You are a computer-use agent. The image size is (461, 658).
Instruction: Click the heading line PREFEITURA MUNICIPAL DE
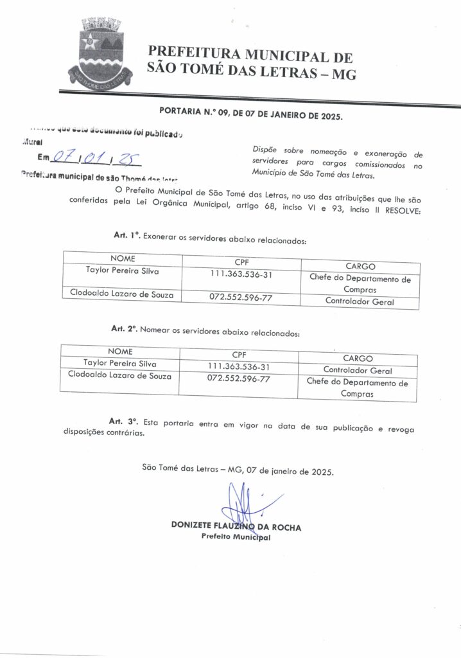point(250,55)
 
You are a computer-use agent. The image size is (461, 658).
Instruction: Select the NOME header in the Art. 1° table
point(123,258)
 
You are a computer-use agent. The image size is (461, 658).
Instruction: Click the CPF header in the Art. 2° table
point(238,354)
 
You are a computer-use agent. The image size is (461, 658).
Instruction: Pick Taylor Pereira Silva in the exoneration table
point(123,271)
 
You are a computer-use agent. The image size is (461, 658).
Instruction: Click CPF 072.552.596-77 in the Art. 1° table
point(241,297)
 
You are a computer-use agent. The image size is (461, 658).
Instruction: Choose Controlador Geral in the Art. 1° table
point(360,301)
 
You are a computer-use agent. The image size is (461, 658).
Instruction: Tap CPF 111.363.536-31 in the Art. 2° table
point(238,366)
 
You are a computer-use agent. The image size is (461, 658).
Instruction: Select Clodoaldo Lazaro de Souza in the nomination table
point(120,375)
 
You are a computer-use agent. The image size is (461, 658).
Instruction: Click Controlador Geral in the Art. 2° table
point(357,371)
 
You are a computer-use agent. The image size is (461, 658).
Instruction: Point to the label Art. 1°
point(126,236)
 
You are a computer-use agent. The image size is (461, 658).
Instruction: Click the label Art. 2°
point(125,328)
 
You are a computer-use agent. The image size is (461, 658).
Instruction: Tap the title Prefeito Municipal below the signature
point(236,537)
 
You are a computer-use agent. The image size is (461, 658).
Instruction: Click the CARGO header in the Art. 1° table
point(360,267)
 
